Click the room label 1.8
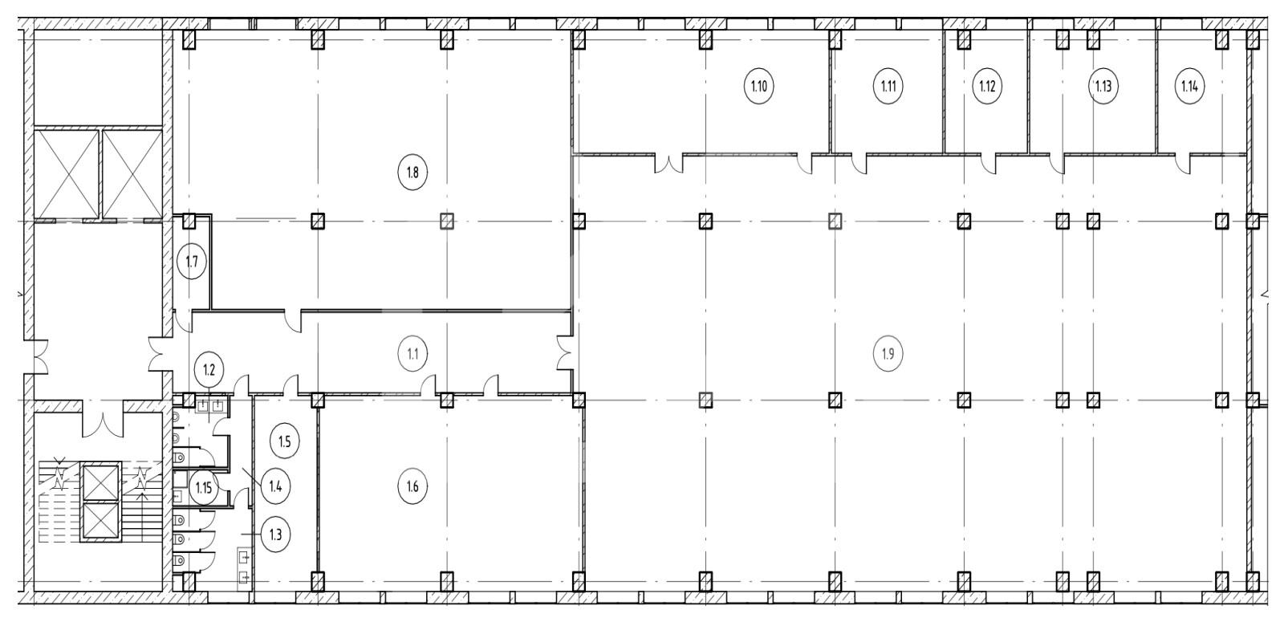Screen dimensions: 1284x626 [412, 172]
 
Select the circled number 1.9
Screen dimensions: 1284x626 [888, 354]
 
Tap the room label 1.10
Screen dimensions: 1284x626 [759, 87]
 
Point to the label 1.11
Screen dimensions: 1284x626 [888, 87]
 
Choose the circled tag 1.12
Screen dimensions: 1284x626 [987, 87]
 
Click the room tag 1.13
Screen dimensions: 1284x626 [1103, 87]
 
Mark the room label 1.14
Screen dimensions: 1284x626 [1189, 87]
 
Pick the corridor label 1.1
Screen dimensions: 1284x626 [412, 354]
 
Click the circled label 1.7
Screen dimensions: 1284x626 [192, 262]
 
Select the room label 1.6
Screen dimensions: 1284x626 [412, 486]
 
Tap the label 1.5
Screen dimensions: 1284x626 [285, 441]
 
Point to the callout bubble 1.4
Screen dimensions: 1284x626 [276, 486]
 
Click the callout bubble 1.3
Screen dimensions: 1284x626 [276, 535]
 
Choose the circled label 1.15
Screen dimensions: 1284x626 [204, 489]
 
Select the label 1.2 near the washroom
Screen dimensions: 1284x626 [209, 370]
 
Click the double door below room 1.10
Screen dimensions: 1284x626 [669, 164]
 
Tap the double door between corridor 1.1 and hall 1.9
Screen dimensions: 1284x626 [565, 354]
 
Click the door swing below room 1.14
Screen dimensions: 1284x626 [1182, 164]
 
